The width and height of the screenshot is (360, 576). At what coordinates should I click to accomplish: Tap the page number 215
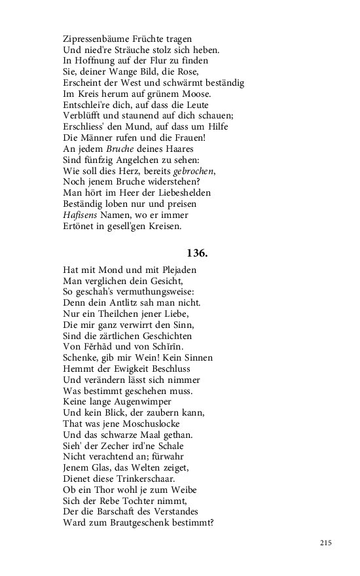point(327,543)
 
